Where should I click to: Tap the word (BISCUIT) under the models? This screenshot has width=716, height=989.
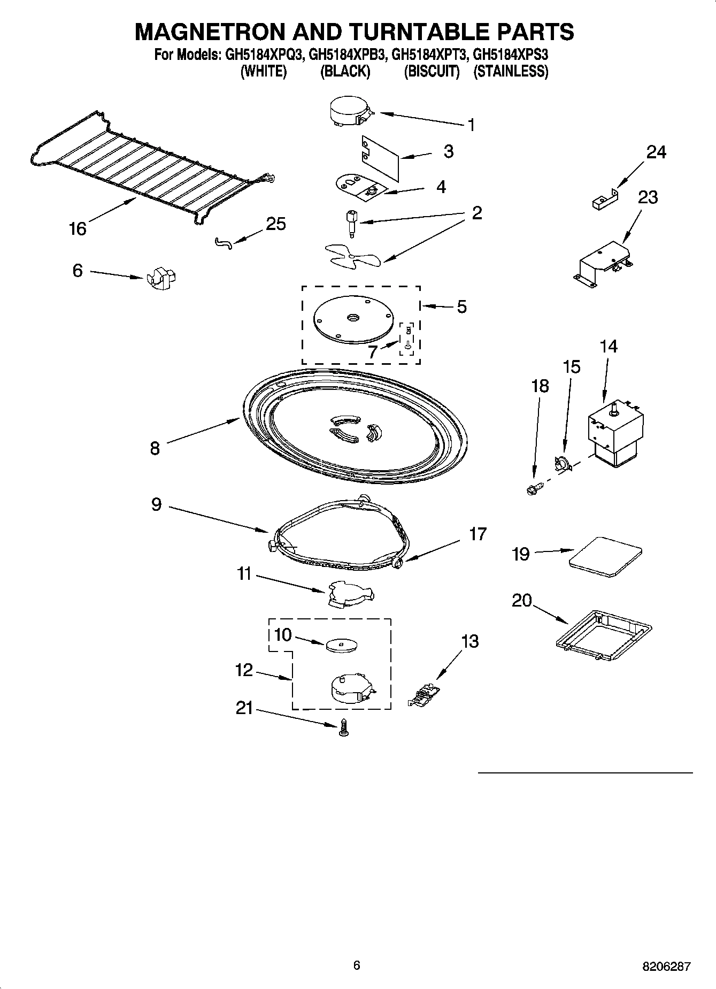point(432,71)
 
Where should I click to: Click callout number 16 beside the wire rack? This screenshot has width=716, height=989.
point(78,229)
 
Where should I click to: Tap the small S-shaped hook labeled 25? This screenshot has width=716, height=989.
point(224,243)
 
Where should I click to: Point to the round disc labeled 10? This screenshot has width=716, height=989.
point(341,645)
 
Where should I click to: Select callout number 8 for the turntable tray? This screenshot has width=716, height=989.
point(155,448)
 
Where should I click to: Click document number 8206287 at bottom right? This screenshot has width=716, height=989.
point(666,966)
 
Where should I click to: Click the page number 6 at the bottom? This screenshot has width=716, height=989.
point(357,965)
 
